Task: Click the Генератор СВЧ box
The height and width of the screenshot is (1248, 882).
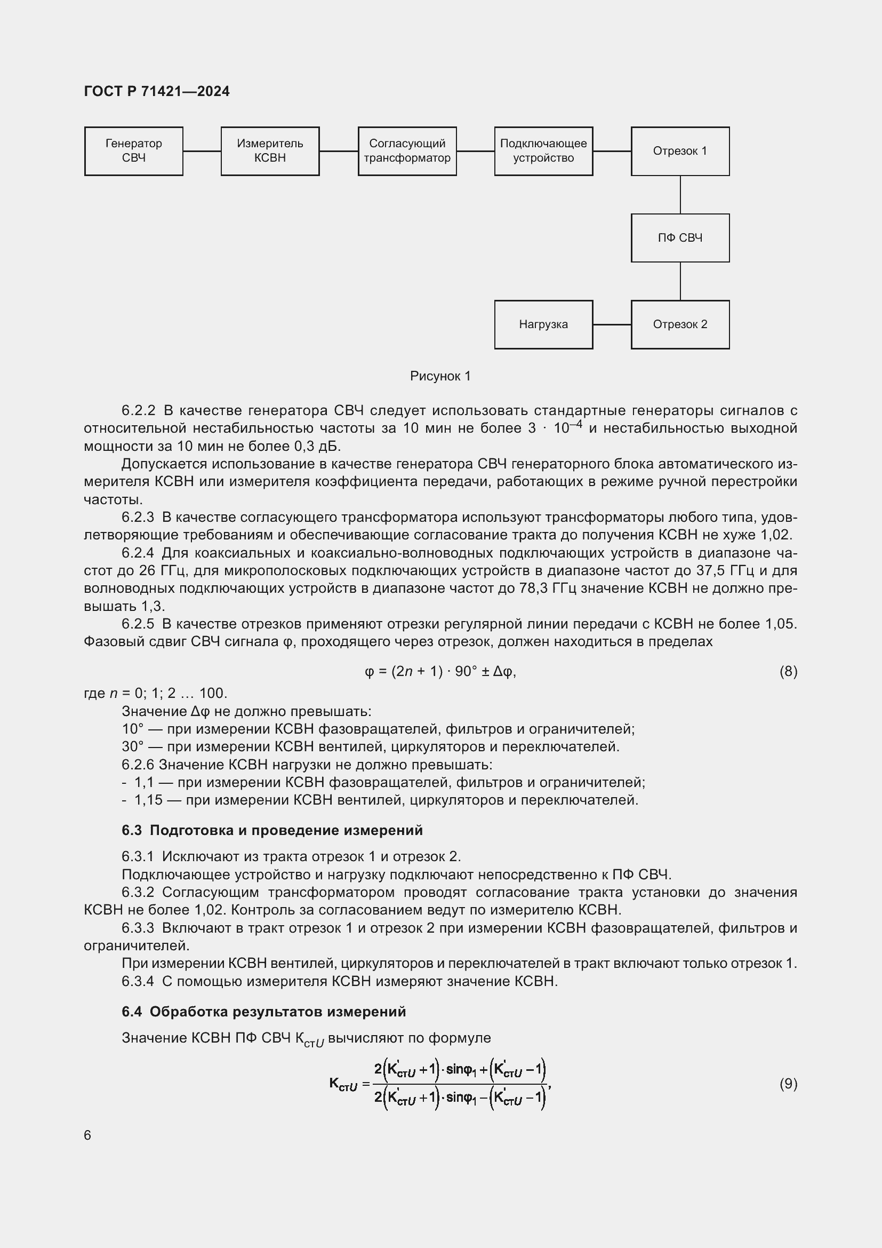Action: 134,151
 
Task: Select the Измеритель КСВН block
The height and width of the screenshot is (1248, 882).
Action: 270,151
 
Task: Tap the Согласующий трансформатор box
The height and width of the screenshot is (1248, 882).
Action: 407,151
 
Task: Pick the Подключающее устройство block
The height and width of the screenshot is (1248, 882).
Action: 543,151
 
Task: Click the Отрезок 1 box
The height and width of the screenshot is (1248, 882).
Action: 680,151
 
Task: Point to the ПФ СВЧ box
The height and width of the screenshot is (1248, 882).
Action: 680,238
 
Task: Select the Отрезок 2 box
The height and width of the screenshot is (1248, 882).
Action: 680,324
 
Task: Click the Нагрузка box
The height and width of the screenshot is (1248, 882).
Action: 543,324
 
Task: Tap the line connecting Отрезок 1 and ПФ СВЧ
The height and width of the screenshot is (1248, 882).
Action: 680,195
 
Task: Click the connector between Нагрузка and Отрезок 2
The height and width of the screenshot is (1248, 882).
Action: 612,324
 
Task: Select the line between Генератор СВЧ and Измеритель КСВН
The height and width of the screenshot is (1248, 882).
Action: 202,151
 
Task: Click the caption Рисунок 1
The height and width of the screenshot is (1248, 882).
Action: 440,376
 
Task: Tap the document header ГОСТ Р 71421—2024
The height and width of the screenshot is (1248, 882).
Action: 157,91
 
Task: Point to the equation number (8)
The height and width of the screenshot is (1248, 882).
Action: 788,672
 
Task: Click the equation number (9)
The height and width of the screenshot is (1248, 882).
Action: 788,1084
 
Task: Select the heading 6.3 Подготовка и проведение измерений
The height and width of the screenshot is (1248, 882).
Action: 272,831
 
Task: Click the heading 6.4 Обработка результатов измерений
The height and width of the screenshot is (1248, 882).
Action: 264,1012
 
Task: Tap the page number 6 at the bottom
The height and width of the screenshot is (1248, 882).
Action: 87,1135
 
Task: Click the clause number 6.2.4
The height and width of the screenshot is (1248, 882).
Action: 138,553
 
